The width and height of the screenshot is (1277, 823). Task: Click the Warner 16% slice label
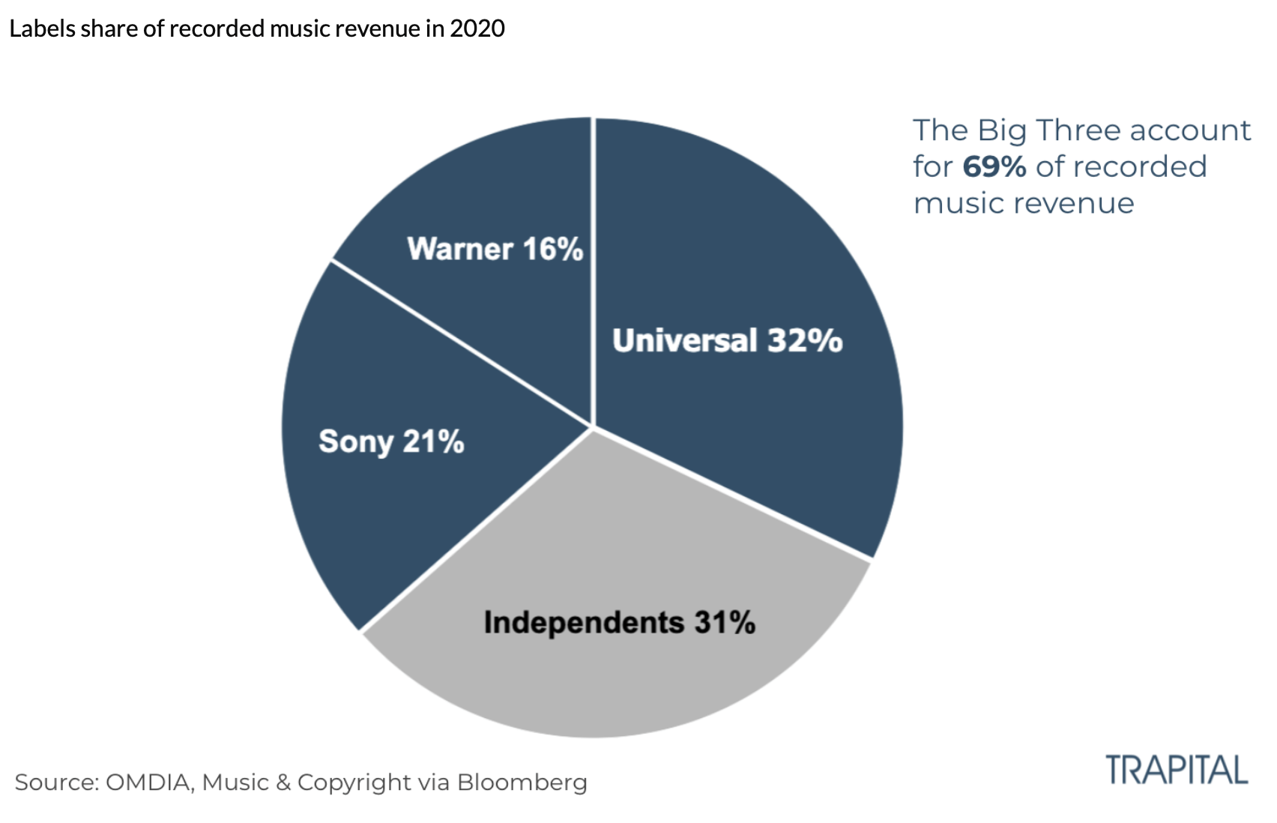pyautogui.click(x=495, y=249)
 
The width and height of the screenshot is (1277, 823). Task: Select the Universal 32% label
pyautogui.click(x=727, y=340)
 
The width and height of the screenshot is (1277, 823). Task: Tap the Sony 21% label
pyautogui.click(x=391, y=441)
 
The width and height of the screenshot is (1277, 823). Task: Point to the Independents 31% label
pyautogui.click(x=619, y=622)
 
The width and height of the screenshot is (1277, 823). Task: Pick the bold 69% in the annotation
pyautogui.click(x=994, y=166)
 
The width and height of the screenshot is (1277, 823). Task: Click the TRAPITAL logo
pyautogui.click(x=1177, y=771)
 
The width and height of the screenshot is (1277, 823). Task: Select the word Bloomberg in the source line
pyautogui.click(x=522, y=783)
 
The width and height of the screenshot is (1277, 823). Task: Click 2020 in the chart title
pyautogui.click(x=477, y=28)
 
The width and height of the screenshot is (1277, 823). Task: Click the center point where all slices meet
pyautogui.click(x=593, y=428)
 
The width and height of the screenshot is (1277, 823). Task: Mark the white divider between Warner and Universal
pyautogui.click(x=593, y=270)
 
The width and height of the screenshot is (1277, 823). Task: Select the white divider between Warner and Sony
pyautogui.click(x=461, y=344)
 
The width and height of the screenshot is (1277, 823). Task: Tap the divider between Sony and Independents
pyautogui.click(x=476, y=529)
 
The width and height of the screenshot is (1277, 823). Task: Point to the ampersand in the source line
pyautogui.click(x=283, y=783)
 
